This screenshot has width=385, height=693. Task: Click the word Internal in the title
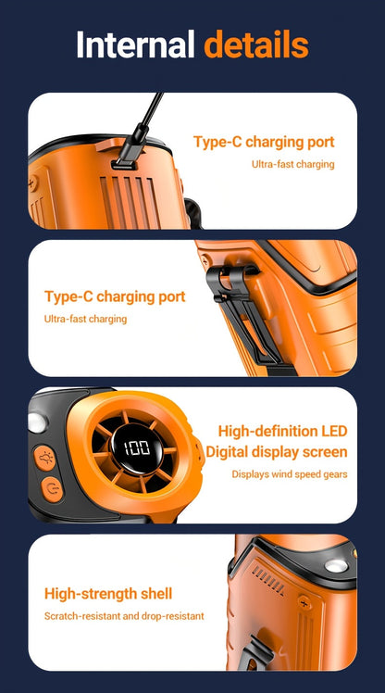click(x=135, y=44)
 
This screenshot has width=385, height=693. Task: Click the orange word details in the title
click(x=256, y=44)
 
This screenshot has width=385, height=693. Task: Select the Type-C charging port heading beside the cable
click(x=264, y=143)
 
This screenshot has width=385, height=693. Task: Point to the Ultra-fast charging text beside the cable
click(x=292, y=164)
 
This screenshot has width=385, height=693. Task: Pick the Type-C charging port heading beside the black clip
click(x=115, y=297)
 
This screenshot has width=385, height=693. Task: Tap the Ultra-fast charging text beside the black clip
click(x=85, y=319)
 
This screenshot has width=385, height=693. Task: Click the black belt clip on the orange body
click(x=243, y=309)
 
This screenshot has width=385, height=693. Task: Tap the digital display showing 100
click(x=137, y=448)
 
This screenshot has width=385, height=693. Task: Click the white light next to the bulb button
click(x=38, y=422)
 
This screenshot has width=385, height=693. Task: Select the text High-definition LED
click(x=282, y=431)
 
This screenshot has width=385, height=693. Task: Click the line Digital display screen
click(x=277, y=452)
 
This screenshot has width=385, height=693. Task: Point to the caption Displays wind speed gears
click(x=290, y=474)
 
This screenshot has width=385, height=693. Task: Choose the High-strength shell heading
click(x=108, y=594)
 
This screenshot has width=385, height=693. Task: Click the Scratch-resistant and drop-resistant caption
click(x=124, y=616)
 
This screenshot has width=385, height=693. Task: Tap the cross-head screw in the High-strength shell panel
click(x=304, y=602)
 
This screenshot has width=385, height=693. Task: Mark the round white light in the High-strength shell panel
click(x=336, y=566)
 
